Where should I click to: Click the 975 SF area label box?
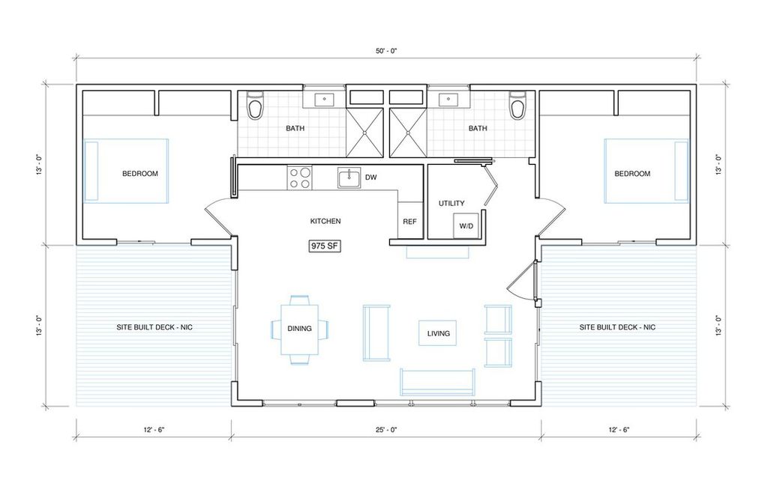coord(325,246)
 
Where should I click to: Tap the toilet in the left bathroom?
coord(255,105)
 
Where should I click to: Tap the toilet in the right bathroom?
coord(516,105)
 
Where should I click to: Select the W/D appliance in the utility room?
coord(466,226)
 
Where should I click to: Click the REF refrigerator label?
coord(409,222)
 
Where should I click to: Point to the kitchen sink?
coord(349,177)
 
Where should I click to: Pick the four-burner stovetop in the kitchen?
coord(299,177)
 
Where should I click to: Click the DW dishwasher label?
coord(370,177)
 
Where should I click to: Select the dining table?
coord(299,329)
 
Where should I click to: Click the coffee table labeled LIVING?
coord(438,333)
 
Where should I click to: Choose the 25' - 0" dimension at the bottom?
coord(386,430)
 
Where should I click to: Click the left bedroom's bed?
coord(126,171)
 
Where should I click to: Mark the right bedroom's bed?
coord(646,171)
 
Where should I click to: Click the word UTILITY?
coord(451,203)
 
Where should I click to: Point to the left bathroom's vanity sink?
coord(324,100)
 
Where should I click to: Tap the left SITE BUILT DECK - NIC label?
coord(154,327)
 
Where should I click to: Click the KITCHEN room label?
coord(325,221)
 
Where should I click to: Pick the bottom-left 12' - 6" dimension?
coord(154,430)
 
